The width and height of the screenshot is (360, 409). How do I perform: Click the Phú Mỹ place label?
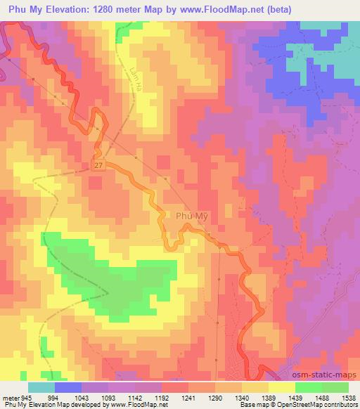click(192, 218)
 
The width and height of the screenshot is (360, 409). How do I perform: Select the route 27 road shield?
click(98, 164)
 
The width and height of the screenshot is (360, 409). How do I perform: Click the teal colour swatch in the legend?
click(41, 387)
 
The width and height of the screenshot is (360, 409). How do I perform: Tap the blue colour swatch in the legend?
click(68, 387)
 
